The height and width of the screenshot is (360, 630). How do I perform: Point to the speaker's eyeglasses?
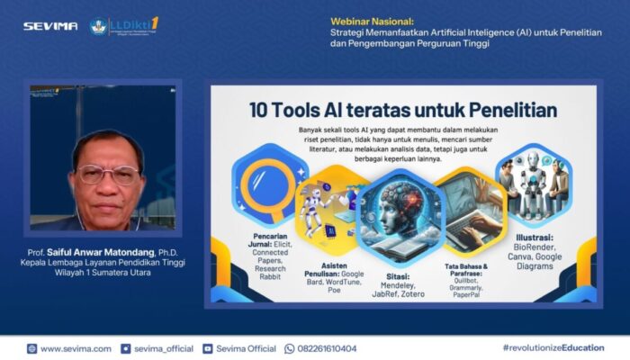[107, 174]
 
